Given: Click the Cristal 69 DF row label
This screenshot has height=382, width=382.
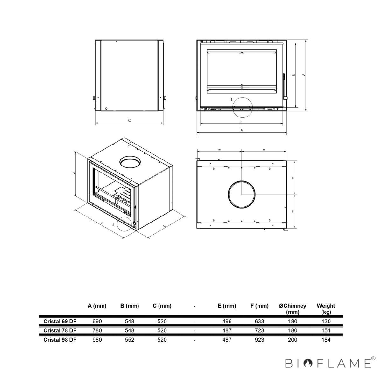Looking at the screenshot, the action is pyautogui.click(x=60, y=321).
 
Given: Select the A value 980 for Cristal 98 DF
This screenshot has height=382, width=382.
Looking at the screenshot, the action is pyautogui.click(x=97, y=340).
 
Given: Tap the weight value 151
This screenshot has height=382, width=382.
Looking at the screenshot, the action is pyautogui.click(x=326, y=330).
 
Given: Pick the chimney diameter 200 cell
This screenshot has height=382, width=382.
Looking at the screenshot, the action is pyautogui.click(x=293, y=340).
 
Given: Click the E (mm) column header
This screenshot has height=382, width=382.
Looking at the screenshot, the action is pyautogui.click(x=227, y=306).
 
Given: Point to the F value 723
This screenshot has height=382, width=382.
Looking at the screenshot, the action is pyautogui.click(x=259, y=330).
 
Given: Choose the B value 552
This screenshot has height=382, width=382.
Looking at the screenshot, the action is pyautogui.click(x=130, y=340).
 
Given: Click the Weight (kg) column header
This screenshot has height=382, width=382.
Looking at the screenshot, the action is pyautogui.click(x=326, y=309).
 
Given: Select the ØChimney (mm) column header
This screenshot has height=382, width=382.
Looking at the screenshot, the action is pyautogui.click(x=293, y=309).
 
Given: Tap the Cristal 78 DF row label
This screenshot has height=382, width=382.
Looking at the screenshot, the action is pyautogui.click(x=60, y=330).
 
